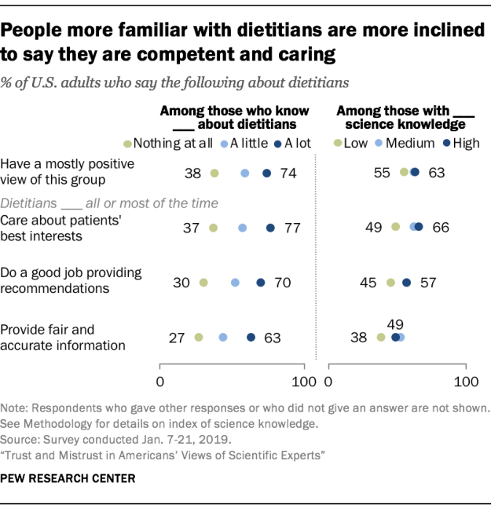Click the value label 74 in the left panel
(288, 174)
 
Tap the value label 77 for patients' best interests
(292, 228)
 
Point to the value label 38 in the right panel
(359, 338)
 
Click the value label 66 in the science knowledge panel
(441, 228)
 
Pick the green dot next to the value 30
(203, 282)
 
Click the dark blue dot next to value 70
(261, 282)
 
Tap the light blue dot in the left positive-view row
(244, 174)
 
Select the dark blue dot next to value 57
(406, 282)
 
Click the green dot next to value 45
(390, 282)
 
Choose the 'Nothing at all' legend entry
(163, 143)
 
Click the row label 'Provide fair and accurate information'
(63, 337)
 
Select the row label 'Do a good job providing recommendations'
(71, 280)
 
